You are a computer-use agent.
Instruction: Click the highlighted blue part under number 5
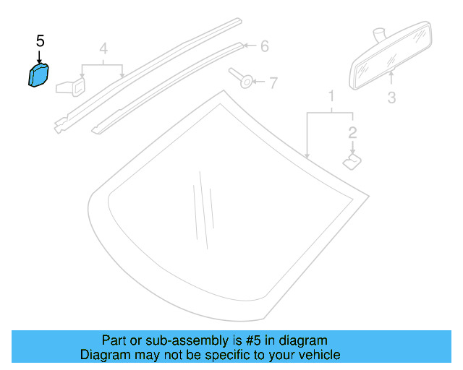pos(38,75)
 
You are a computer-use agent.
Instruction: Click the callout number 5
pos(40,41)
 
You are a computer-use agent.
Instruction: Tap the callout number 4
pos(103,49)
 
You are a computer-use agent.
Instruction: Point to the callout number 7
pos(273,83)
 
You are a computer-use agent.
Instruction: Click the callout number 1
pos(331,97)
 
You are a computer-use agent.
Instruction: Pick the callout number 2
pos(352,132)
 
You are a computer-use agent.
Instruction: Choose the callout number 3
pos(391,97)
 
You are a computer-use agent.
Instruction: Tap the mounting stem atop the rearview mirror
pos(377,35)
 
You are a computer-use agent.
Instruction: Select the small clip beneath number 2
pos(352,159)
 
